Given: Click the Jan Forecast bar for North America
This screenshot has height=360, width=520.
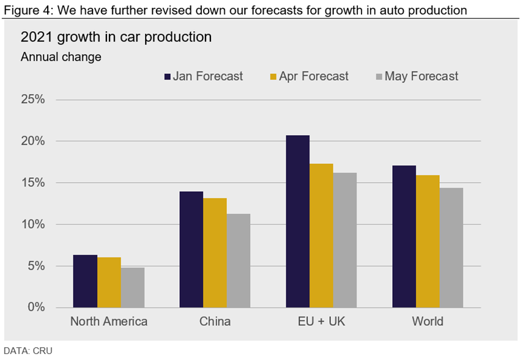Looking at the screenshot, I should (85, 281).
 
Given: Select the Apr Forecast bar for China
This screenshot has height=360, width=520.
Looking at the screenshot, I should (215, 252).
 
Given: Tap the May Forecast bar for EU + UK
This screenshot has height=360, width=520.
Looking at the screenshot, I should (345, 240).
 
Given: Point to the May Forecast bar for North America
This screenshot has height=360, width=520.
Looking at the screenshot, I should (132, 287).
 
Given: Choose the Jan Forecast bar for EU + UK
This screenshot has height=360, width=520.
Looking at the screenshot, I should (298, 221).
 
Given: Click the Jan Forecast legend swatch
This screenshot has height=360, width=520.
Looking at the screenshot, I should (167, 77).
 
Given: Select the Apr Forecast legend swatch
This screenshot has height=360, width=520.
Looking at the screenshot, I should (273, 77).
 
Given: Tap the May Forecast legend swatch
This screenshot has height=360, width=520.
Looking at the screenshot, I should (379, 77).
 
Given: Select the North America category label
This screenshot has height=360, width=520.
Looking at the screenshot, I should (109, 321).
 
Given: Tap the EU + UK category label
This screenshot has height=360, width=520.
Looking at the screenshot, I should (321, 321).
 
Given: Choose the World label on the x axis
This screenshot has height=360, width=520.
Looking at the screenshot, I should (428, 321).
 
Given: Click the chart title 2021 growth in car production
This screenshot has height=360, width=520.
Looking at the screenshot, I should (116, 37).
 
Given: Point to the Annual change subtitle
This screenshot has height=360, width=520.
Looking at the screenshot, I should (61, 57).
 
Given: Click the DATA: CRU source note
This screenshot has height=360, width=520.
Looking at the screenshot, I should (28, 351).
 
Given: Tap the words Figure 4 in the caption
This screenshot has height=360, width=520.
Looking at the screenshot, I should (22, 10).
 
